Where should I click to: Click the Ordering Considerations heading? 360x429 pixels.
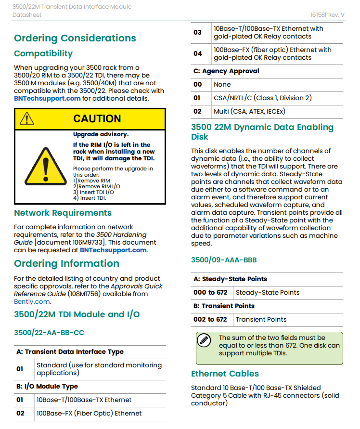coord(75,38)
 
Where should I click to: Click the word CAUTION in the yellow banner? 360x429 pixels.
coord(97,118)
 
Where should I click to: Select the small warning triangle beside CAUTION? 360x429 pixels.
coord(27,118)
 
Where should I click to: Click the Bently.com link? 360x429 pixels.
coord(32,301)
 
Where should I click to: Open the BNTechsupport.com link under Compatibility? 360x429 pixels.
coord(47,98)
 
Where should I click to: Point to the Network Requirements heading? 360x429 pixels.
coord(63,213)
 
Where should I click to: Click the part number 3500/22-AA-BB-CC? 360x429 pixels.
coord(49,332)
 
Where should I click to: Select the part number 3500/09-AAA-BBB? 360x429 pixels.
coord(224,260)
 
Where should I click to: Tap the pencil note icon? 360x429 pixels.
coord(205,340)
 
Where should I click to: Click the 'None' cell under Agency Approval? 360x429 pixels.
coord(222,84)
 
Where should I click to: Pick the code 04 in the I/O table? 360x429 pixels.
coord(197,53)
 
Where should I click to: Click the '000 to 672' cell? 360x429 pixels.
coord(210,292)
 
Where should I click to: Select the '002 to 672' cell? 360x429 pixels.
coord(210,319)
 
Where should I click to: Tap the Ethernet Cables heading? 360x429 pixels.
coord(225,374)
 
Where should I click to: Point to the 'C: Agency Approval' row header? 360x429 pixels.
coord(226,71)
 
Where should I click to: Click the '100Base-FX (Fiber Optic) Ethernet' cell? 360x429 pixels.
coord(89,413)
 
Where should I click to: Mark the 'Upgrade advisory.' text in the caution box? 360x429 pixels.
coord(101,134)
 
